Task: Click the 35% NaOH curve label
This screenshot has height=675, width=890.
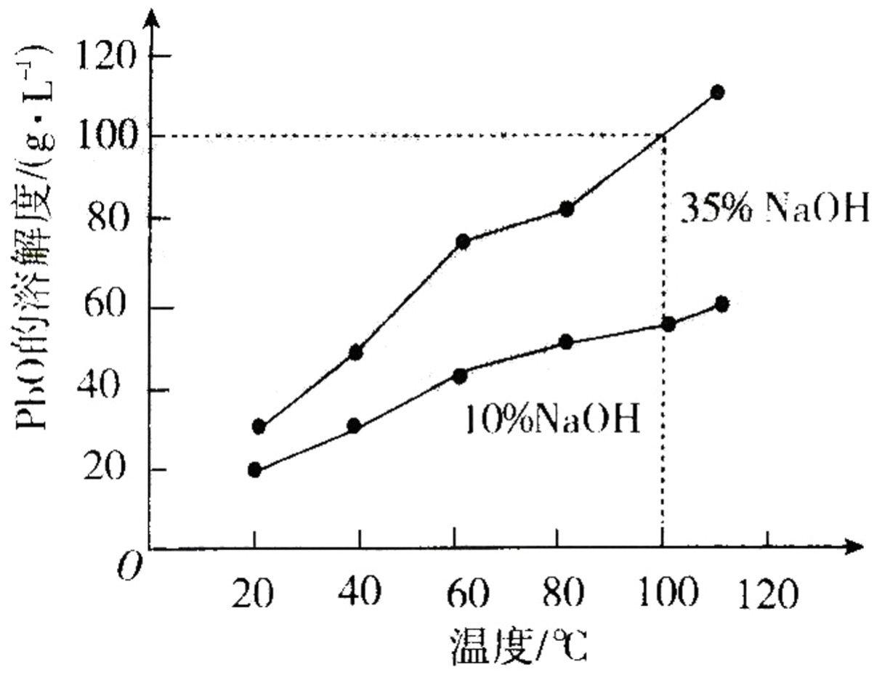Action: tap(774, 210)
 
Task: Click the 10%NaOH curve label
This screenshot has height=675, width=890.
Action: tap(551, 419)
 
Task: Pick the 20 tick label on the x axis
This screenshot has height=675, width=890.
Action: tap(254, 596)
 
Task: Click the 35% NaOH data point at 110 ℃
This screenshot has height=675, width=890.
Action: tap(717, 92)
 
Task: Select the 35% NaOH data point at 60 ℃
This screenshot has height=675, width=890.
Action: tap(463, 242)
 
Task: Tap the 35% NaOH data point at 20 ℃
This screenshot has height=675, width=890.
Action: tap(259, 427)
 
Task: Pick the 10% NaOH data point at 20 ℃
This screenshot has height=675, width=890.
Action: tap(254, 469)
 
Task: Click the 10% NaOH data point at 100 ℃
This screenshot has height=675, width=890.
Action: tap(668, 323)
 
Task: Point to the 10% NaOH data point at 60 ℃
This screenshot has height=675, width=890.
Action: tap(459, 375)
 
